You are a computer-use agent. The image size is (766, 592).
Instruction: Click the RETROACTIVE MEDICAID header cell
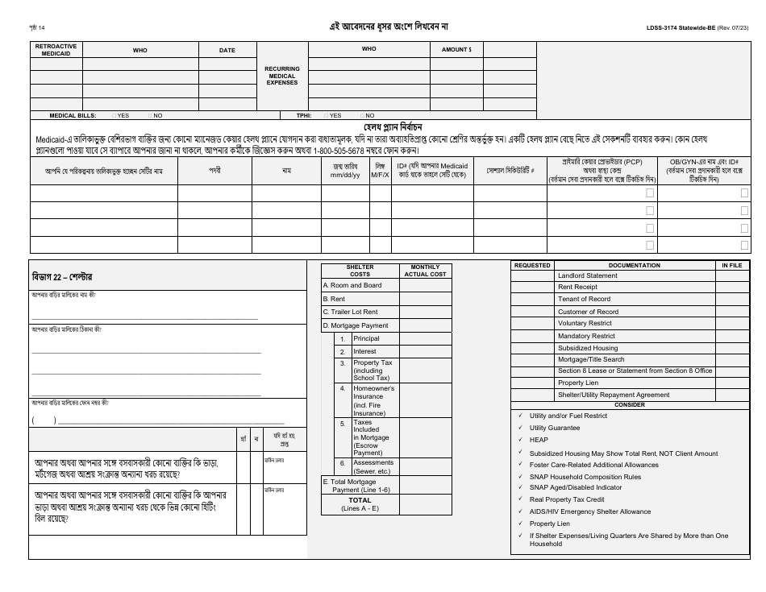pos(56,49)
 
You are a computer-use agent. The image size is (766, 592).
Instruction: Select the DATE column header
pos(227,50)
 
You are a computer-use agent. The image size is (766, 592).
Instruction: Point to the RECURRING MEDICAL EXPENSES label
pos(282,75)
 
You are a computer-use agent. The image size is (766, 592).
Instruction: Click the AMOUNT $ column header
pos(456,49)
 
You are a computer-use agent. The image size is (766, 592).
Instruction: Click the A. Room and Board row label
pos(352,285)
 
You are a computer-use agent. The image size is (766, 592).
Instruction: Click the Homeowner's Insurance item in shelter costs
pos(373,400)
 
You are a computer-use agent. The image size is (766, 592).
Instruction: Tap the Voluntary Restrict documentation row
pos(585,323)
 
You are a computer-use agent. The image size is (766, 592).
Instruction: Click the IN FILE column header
pos(732,265)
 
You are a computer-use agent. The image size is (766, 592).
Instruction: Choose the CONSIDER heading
pos(630,404)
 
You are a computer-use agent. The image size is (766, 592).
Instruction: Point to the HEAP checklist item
pos(538,440)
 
